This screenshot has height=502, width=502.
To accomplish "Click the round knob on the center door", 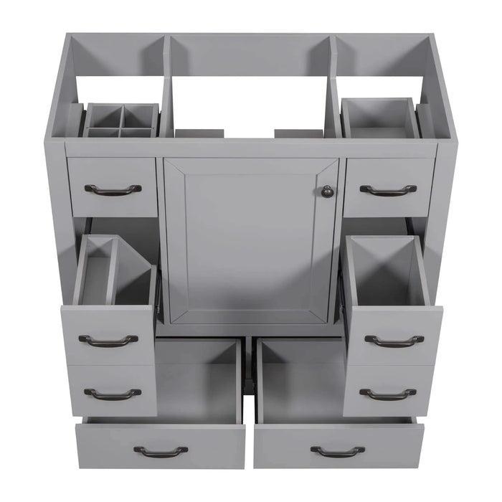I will pos(327,191).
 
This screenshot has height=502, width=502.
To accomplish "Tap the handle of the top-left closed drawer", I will pos(113,189).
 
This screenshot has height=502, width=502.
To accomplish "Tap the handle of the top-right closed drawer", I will pos(388,190).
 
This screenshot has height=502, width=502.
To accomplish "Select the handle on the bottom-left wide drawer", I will pos(161,451).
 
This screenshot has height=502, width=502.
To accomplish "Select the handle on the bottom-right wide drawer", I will pos(337,451).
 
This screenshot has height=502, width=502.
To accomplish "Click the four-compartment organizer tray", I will pos(120,121).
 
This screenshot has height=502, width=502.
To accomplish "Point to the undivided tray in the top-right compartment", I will pos(379,118).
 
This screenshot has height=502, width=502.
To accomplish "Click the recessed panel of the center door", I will pos(247,240).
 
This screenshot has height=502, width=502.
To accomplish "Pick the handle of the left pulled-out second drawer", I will pos(108,340).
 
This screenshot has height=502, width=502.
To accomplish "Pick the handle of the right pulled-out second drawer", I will pos(394,341).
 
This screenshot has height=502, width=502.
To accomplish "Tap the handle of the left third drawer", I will pos(113,393).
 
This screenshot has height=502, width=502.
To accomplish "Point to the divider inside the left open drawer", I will pos(111,269).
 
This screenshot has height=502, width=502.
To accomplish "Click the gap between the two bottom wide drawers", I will pos(249,409).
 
